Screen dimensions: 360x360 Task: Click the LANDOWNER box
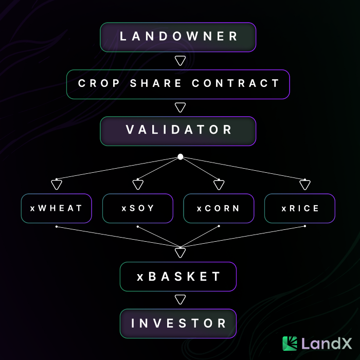[x=178, y=37]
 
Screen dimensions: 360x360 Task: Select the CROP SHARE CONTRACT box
[x=178, y=84]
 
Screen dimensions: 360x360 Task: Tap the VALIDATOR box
[x=178, y=131]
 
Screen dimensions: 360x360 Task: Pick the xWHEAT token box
[x=57, y=208]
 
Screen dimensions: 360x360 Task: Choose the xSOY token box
[x=138, y=208]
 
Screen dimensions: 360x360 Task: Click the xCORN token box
[x=219, y=208]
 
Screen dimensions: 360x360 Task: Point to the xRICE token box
[x=300, y=208]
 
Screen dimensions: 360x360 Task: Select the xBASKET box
[x=178, y=277]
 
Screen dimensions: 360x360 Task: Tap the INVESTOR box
[x=178, y=323]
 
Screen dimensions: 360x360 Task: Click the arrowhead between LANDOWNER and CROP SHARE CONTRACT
[x=180, y=61]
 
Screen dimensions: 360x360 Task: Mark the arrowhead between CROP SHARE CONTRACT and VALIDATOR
[x=180, y=107]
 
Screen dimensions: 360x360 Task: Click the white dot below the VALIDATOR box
[x=180, y=156]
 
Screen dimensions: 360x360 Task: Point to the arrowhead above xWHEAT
[x=57, y=185]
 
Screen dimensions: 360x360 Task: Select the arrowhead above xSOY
[x=138, y=185]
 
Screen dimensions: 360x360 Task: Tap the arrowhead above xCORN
[x=219, y=185]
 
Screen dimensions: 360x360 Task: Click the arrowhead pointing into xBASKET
[x=180, y=252]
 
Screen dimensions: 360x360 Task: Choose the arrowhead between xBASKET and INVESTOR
[x=180, y=299]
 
